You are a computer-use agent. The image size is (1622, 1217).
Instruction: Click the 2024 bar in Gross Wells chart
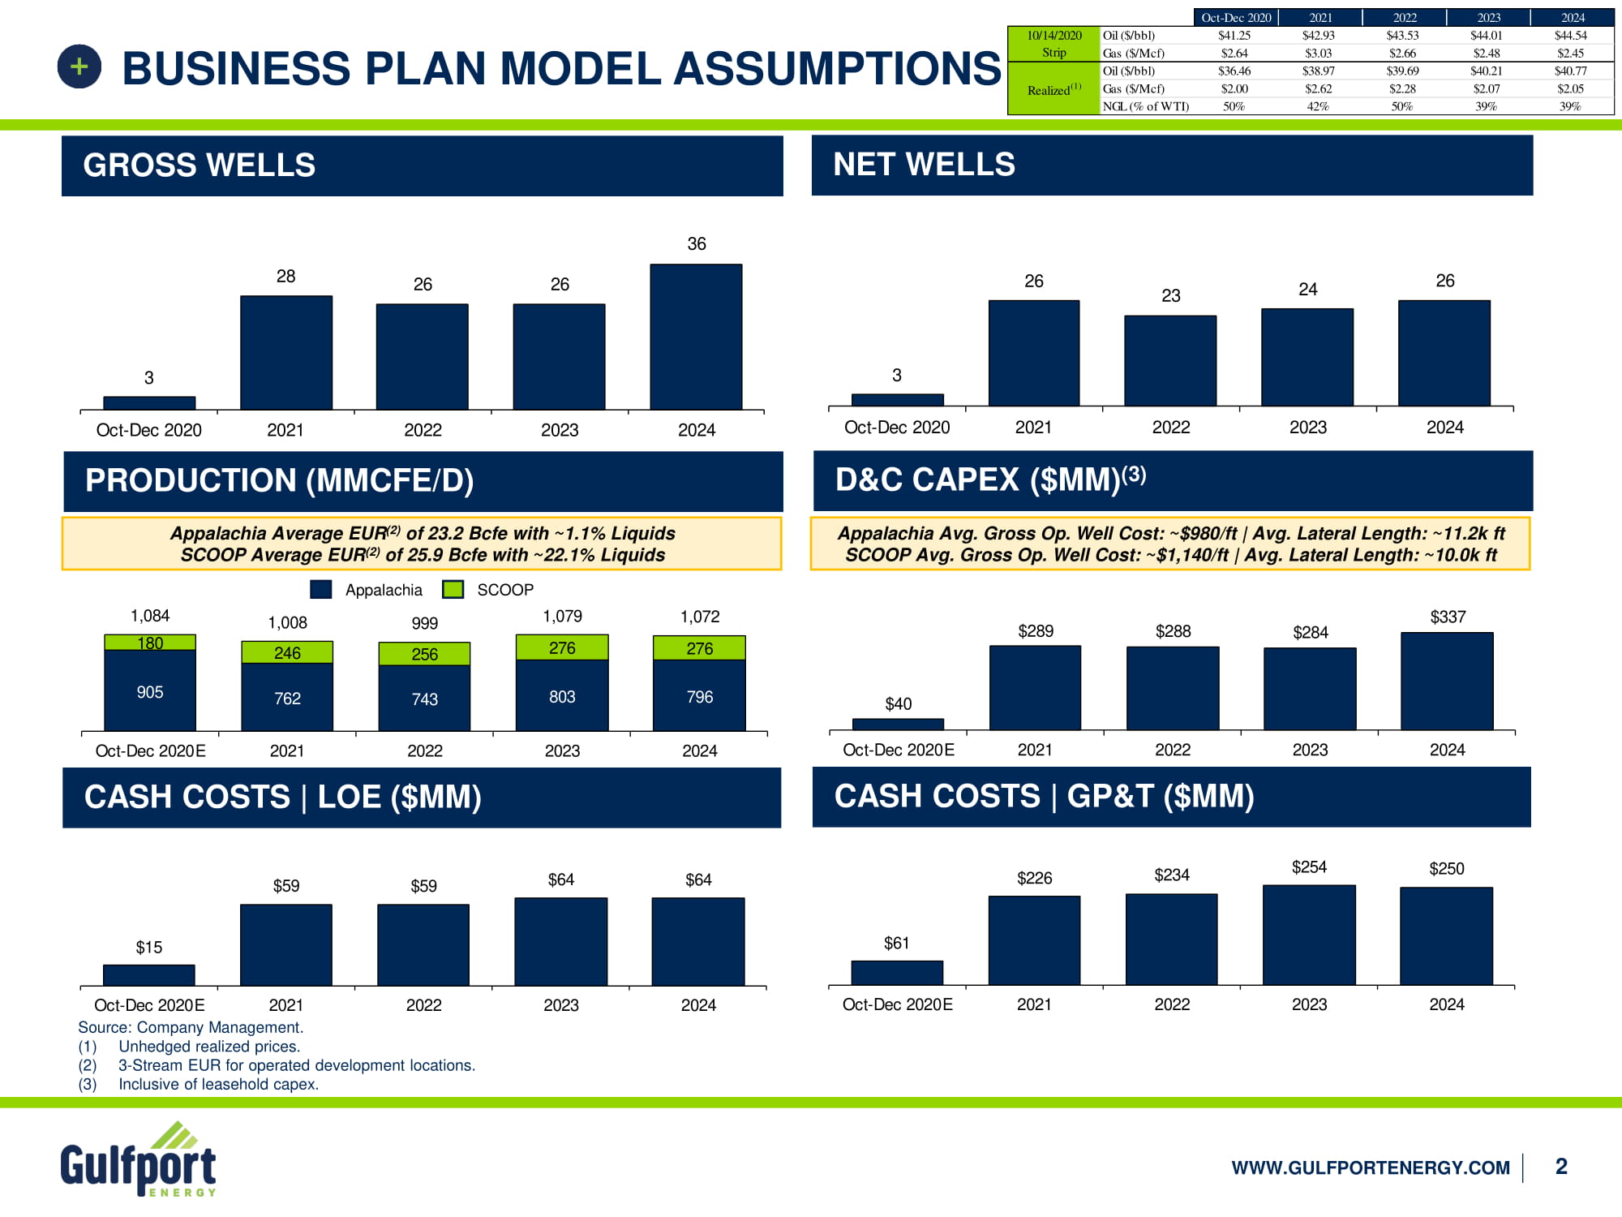(x=696, y=337)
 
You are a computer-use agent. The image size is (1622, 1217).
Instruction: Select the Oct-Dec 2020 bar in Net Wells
(x=897, y=399)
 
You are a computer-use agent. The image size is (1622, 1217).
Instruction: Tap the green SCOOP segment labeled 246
(x=287, y=652)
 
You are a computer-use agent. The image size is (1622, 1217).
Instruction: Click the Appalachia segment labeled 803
(x=562, y=695)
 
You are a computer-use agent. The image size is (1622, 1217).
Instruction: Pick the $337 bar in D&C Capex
(x=1447, y=681)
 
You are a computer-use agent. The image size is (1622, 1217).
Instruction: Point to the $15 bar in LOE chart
(x=149, y=975)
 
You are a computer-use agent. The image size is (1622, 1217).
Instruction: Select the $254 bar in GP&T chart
(x=1309, y=935)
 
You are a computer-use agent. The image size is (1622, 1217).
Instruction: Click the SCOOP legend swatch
(x=453, y=590)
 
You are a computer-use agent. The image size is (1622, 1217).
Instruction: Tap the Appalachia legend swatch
(x=321, y=590)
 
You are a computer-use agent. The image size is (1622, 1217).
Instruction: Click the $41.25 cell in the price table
(x=1234, y=36)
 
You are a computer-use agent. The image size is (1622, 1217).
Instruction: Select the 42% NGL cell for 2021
(x=1318, y=106)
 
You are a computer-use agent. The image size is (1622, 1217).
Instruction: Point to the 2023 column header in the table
(x=1488, y=18)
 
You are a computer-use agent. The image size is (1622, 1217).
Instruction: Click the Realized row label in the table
(x=1053, y=89)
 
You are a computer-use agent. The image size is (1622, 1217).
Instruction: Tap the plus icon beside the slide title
(x=79, y=67)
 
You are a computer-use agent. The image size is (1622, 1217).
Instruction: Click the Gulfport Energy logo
(x=139, y=1160)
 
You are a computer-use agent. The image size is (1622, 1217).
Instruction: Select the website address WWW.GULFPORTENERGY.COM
(x=1371, y=1168)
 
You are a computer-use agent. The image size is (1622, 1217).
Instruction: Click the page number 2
(x=1561, y=1167)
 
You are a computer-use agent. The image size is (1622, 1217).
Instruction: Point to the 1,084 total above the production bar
(x=150, y=616)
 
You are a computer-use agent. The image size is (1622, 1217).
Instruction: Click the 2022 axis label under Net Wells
(x=1171, y=428)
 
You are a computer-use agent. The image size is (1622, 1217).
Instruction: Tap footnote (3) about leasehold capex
(x=199, y=1084)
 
